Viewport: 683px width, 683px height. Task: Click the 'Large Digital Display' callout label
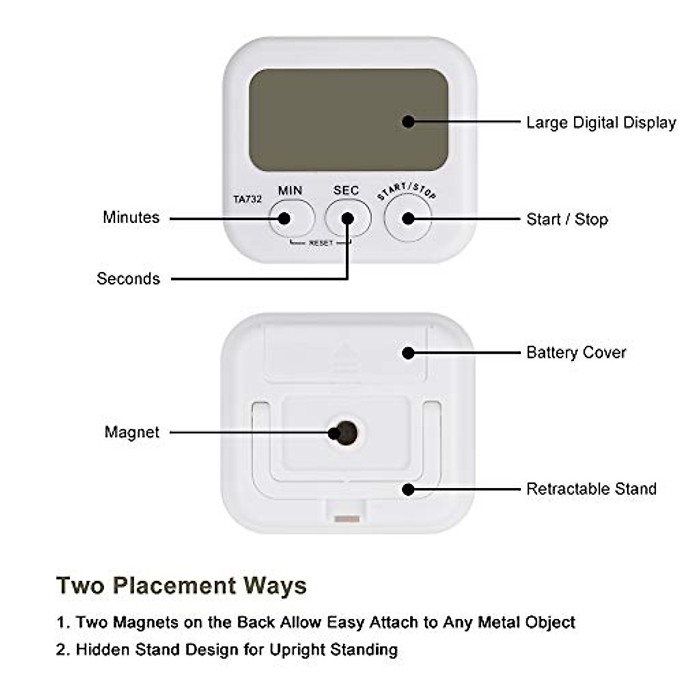point(600,123)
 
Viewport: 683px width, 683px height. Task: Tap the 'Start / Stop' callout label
point(567,220)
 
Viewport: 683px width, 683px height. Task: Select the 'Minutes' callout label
point(131,217)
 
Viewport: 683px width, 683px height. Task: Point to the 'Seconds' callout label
point(128,279)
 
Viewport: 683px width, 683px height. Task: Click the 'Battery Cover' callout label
point(576,353)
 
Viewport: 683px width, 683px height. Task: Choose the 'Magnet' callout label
point(132,433)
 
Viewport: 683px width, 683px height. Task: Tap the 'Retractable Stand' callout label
point(591,489)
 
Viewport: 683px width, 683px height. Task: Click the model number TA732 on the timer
point(248,199)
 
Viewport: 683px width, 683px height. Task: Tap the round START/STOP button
point(408,219)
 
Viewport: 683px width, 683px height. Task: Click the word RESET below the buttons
point(320,243)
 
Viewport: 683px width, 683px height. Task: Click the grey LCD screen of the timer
point(348,120)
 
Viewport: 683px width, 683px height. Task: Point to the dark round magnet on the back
point(345,433)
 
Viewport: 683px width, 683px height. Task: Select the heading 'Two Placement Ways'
point(182,585)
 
